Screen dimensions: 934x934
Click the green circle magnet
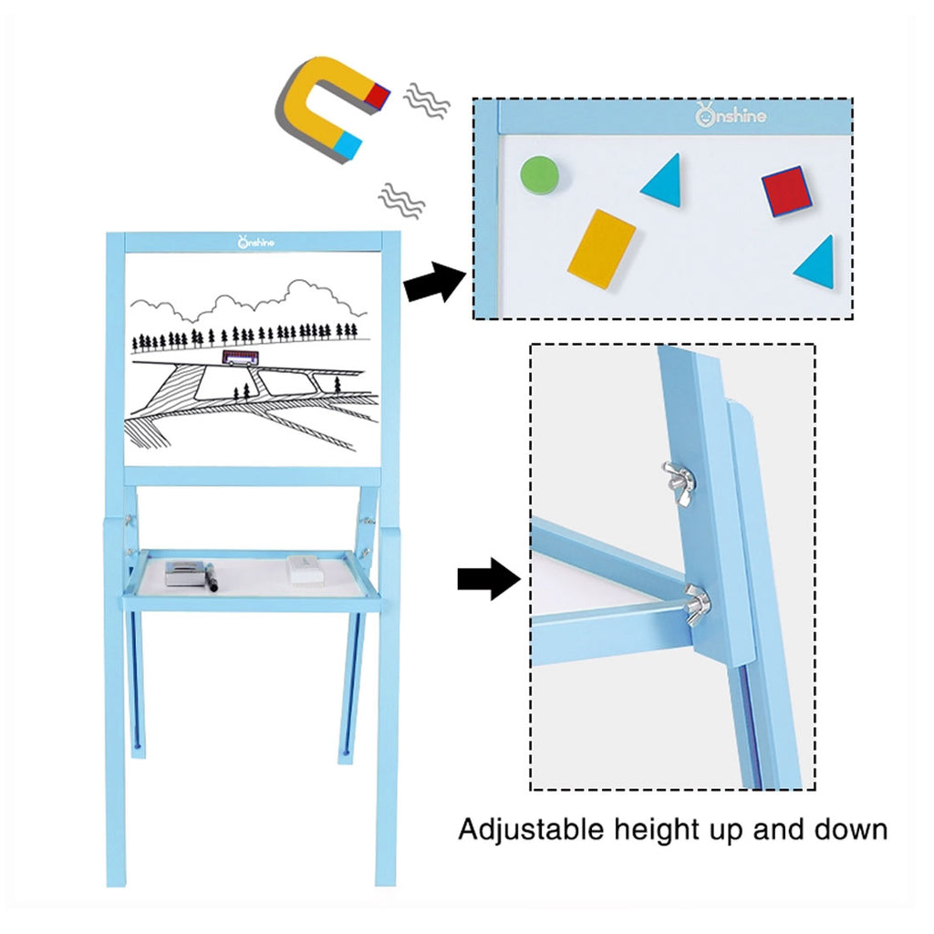(x=540, y=175)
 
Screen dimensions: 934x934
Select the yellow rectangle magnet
(x=602, y=249)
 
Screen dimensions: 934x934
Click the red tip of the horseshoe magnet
(x=378, y=95)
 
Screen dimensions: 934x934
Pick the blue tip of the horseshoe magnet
(x=348, y=146)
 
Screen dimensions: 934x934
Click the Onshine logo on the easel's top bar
(x=256, y=242)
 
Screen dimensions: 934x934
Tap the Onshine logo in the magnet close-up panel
(x=731, y=115)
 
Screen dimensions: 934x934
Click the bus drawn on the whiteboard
(x=241, y=358)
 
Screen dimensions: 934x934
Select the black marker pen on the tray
(x=212, y=577)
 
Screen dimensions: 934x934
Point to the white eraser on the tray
(x=307, y=567)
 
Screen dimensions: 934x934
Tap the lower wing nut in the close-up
(x=696, y=605)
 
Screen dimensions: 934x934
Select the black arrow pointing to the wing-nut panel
(x=489, y=579)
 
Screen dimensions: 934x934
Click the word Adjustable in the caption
(x=532, y=830)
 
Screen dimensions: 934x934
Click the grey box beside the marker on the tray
(x=185, y=573)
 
